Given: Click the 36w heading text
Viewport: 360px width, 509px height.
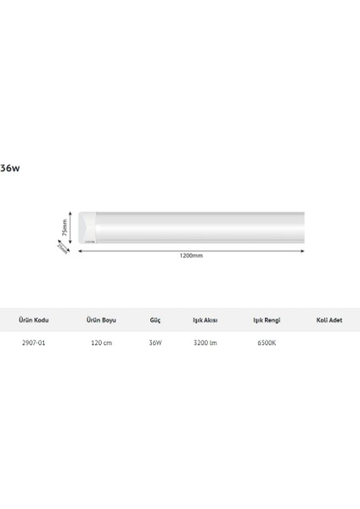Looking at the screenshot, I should point(9,168).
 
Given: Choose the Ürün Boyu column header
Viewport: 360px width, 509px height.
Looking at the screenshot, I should point(102,321).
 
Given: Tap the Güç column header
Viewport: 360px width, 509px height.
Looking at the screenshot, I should point(155,321).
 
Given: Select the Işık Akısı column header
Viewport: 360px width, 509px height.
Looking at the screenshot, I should point(206,321).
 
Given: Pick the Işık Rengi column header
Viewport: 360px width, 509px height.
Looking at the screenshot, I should point(267,321).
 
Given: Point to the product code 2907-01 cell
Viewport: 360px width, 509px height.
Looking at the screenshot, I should point(33,344).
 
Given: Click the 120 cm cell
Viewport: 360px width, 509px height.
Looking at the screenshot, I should point(102,344).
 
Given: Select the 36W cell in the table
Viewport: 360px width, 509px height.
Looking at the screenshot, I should point(155,344).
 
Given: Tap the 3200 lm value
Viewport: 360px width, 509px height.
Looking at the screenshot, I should point(206,344).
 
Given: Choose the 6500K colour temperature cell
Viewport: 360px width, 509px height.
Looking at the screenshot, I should point(267,344).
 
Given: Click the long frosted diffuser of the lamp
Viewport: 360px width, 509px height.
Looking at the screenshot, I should point(200,227).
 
